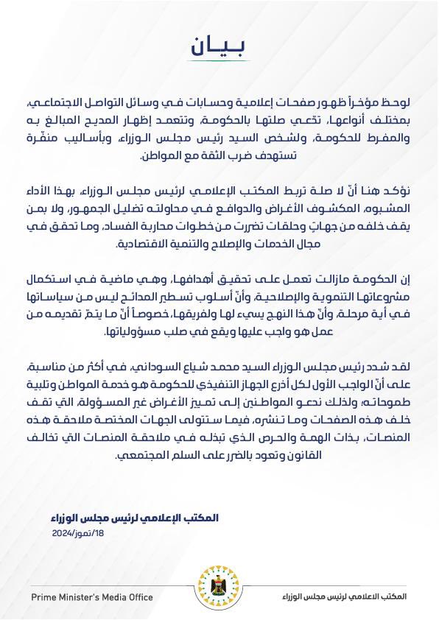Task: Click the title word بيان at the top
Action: [x=219, y=46]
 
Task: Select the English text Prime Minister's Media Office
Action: [x=92, y=596]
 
